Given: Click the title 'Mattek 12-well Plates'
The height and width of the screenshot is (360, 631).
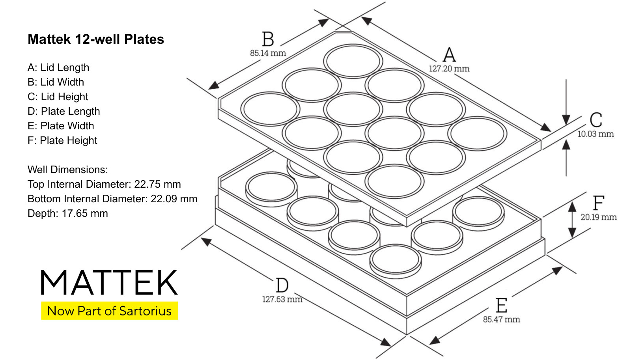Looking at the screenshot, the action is coord(96,39).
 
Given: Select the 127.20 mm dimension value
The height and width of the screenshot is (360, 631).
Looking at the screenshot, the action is coord(449,69).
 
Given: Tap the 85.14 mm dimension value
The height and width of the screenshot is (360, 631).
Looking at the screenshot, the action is coord(268,53).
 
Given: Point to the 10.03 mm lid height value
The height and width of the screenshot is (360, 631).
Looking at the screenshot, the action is coord(596,134).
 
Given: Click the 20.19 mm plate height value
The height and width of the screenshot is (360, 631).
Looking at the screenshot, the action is coord(599,217).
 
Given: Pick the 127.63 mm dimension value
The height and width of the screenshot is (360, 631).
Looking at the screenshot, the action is coord(282,299).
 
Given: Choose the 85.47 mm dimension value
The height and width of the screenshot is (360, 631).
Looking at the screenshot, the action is coord(501,319).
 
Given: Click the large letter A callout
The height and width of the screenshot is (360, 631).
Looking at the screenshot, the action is coord(449,55).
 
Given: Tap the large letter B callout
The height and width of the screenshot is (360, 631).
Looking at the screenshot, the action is coord(268,39).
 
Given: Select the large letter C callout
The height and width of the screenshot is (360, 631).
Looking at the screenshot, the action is coord(596,120).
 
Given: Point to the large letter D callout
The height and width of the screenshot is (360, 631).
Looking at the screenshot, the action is coord(282,285).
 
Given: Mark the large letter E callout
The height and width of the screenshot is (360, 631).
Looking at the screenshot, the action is coord(501,305).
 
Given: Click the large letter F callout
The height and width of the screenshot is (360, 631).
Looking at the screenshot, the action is coord(599,203).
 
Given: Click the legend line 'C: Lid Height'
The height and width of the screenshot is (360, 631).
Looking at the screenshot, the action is coord(58,97).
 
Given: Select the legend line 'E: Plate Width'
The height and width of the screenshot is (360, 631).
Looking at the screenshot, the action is coord(61,126).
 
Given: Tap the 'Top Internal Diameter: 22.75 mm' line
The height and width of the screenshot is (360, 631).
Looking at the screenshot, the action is coord(104,184).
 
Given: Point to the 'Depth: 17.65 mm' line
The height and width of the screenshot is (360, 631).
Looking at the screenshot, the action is coord(67,214).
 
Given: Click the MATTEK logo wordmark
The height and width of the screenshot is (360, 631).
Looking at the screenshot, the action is coord(109,282).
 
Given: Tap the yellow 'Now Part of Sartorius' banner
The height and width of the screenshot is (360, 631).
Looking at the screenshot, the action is coord(109,311).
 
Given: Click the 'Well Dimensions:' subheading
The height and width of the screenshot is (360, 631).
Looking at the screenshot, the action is coord(67,170).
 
